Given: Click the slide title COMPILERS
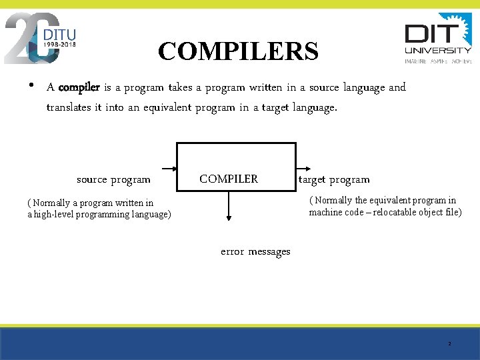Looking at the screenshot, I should click(239, 51).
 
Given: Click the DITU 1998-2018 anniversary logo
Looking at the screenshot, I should click(41, 38).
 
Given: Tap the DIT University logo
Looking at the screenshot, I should click(438, 38).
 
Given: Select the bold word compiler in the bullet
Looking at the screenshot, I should click(79, 87).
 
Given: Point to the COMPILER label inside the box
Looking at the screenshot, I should click(229, 179).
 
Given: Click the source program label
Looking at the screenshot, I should click(113, 179).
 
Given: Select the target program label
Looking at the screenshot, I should click(334, 179).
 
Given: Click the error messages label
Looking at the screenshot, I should click(255, 251).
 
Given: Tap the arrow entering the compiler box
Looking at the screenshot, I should click(167, 169).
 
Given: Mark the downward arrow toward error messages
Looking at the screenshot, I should click(229, 207).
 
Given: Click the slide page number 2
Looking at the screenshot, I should click(449, 344).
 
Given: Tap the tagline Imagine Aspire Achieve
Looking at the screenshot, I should click(438, 61).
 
